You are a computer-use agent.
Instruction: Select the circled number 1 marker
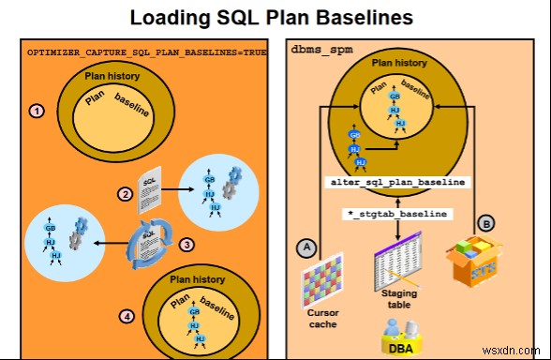37,110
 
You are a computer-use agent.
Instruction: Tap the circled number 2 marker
125,194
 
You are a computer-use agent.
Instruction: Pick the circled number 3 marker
186,245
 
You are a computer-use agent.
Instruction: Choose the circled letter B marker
486,223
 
